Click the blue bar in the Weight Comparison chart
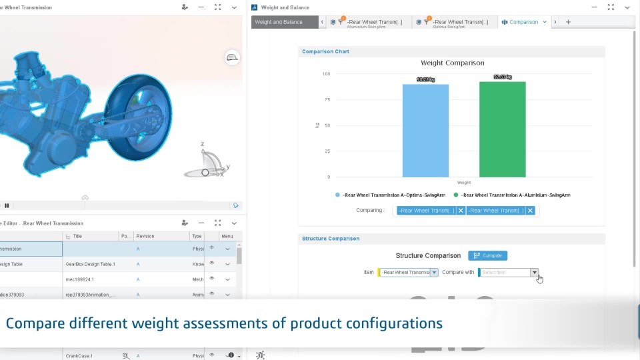click(x=425, y=130)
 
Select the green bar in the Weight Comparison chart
click(x=502, y=129)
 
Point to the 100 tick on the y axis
click(x=325, y=74)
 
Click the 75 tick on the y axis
click(x=327, y=99)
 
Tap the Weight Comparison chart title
click(x=452, y=63)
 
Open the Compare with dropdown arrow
click(x=534, y=272)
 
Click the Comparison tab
click(x=523, y=22)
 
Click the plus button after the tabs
click(x=568, y=22)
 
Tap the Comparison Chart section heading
click(x=325, y=51)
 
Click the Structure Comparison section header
click(x=331, y=239)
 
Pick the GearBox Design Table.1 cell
click(x=91, y=264)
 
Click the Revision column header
click(x=145, y=236)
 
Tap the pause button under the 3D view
click(x=7, y=205)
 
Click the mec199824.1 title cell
click(x=80, y=279)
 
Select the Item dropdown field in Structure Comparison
click(x=407, y=272)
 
